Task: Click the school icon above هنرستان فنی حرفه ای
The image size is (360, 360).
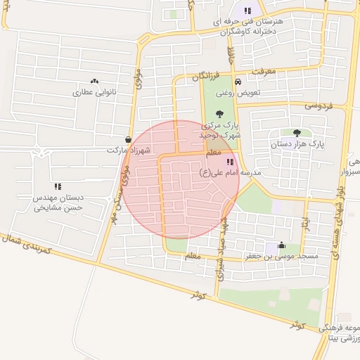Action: (x=247, y=11)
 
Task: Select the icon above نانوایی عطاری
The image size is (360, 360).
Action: (x=95, y=82)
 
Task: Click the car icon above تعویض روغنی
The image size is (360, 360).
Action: (x=238, y=81)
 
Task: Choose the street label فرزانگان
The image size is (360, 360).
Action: (x=206, y=75)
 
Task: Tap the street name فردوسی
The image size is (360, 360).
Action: (x=318, y=105)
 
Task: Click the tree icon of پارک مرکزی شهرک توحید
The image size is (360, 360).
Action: (x=220, y=112)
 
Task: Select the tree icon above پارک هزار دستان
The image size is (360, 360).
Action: (x=297, y=132)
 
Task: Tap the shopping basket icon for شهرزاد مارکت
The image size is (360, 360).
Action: (x=127, y=139)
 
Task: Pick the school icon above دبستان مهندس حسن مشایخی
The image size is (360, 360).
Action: (x=58, y=186)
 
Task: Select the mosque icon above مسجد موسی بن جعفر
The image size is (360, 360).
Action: (x=282, y=245)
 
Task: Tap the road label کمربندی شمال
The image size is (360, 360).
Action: (x=29, y=243)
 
